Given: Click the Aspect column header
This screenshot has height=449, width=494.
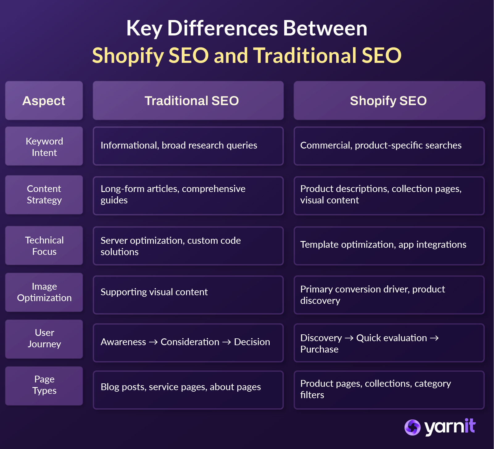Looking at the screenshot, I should click(44, 101).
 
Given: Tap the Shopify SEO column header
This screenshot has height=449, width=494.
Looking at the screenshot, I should click(388, 101).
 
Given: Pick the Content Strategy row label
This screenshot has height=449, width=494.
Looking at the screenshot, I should click(44, 194).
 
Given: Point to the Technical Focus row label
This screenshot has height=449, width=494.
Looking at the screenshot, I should click(44, 246).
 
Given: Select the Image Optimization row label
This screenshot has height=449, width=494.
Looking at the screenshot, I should click(44, 292).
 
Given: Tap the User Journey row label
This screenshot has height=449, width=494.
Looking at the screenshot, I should click(44, 338).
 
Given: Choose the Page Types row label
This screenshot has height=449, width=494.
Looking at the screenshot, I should click(44, 385).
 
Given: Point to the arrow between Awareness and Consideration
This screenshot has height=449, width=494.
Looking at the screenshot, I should click(153, 342).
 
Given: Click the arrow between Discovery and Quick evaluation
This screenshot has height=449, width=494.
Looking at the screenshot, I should click(349, 338).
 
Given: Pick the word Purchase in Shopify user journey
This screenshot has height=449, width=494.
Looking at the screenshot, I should click(319, 349).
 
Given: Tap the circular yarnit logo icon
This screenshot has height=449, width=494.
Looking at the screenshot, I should click(412, 427).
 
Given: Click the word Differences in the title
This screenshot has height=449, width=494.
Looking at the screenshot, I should click(222, 28).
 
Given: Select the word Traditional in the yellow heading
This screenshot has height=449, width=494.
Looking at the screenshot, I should click(305, 56).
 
